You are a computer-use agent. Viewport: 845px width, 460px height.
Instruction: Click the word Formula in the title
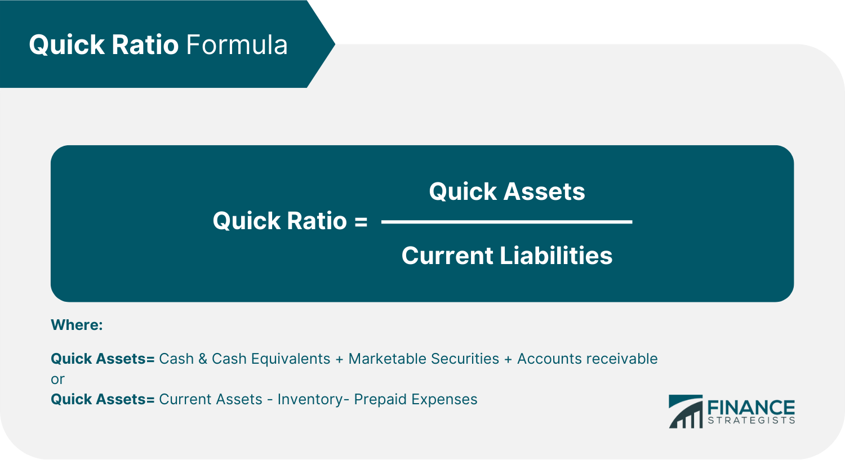(237, 45)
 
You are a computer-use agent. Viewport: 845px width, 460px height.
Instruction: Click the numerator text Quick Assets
(507, 191)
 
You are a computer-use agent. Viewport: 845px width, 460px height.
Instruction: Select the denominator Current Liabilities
(507, 256)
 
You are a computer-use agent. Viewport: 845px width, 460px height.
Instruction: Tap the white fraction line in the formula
(507, 222)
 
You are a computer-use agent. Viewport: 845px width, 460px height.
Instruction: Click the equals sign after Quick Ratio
(361, 221)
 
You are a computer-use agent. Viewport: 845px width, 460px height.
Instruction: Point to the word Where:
(77, 325)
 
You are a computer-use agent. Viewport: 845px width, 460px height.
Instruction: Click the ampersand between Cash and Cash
(203, 359)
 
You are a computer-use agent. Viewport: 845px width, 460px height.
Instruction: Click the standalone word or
(57, 379)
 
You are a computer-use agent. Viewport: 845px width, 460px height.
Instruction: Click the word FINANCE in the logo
(751, 407)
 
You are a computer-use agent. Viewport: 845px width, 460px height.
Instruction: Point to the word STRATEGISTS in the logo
(751, 421)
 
